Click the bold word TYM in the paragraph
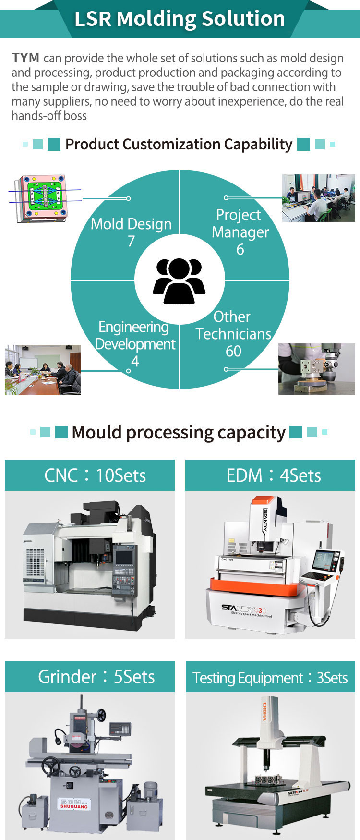tap(25, 58)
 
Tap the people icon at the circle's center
tap(179, 281)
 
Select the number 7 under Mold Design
tap(131, 241)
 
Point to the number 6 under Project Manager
tap(240, 249)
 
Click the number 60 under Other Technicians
tap(233, 351)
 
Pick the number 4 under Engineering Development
tap(135, 361)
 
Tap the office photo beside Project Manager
tap(318, 198)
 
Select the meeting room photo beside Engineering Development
tap(43, 370)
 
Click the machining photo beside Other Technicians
tap(316, 369)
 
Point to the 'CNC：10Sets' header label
tap(95, 475)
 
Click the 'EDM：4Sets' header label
tap(274, 475)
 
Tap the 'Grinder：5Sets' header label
tap(96, 677)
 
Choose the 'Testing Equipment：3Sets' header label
tap(270, 678)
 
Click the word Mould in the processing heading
tap(96, 432)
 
